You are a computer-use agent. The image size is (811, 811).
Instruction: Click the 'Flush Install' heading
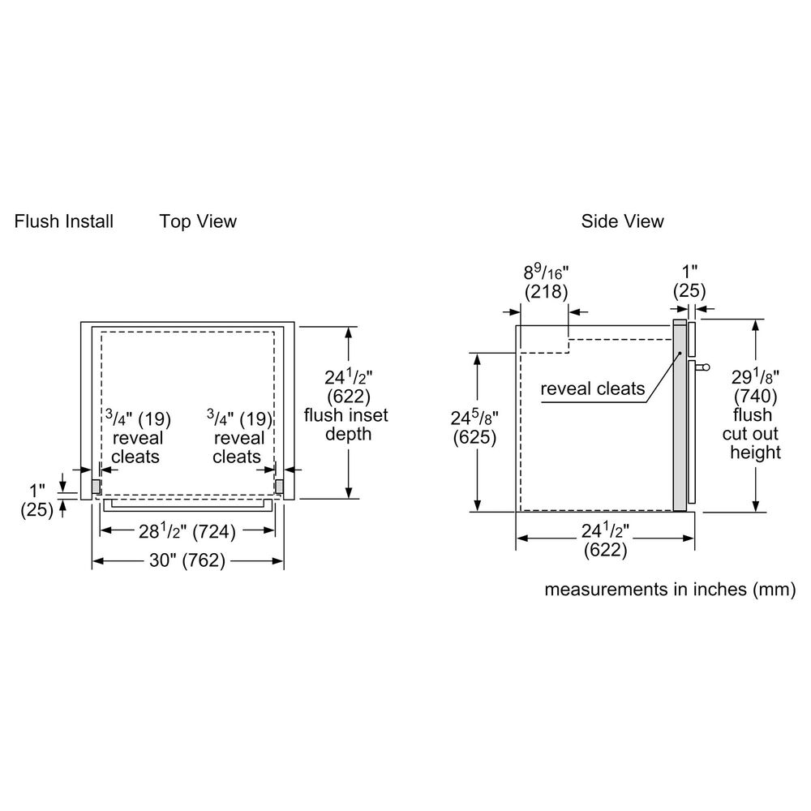pyautogui.click(x=63, y=221)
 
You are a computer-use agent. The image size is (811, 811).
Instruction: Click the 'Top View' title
pyautogui.click(x=198, y=221)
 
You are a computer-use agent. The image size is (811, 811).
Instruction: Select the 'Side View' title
pyautogui.click(x=622, y=221)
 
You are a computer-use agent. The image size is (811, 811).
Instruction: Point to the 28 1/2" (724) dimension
pyautogui.click(x=187, y=532)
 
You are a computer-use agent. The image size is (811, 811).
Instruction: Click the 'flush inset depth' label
pyautogui.click(x=345, y=424)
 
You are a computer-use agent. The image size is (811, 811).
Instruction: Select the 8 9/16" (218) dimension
pyautogui.click(x=546, y=281)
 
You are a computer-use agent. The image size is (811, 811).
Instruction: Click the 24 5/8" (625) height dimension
pyautogui.click(x=474, y=427)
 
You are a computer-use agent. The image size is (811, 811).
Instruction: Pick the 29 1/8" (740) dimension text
pyautogui.click(x=755, y=387)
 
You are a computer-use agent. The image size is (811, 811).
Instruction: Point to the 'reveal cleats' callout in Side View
pyautogui.click(x=593, y=389)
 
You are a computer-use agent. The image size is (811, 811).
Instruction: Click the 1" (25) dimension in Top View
pyautogui.click(x=36, y=500)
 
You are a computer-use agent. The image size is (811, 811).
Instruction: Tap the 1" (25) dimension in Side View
pyautogui.click(x=689, y=281)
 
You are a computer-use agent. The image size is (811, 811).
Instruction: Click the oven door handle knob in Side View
pyautogui.click(x=703, y=367)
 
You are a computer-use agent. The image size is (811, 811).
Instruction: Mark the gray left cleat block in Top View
pyautogui.click(x=95, y=486)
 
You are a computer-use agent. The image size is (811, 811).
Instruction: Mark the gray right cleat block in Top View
pyautogui.click(x=280, y=486)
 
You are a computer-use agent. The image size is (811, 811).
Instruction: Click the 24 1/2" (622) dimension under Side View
pyautogui.click(x=606, y=540)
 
